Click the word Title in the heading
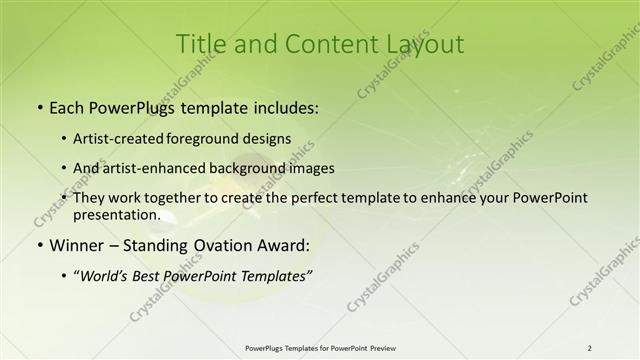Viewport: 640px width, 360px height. [200, 45]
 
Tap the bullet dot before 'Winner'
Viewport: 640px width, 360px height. [38, 245]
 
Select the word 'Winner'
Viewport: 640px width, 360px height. [75, 245]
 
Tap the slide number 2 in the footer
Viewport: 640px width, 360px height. [590, 347]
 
